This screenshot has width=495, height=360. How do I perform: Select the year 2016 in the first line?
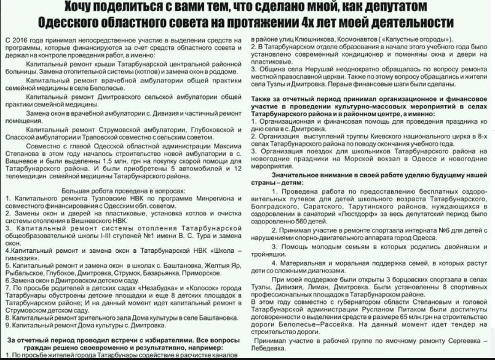point(18,39)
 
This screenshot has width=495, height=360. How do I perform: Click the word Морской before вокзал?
point(358,159)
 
